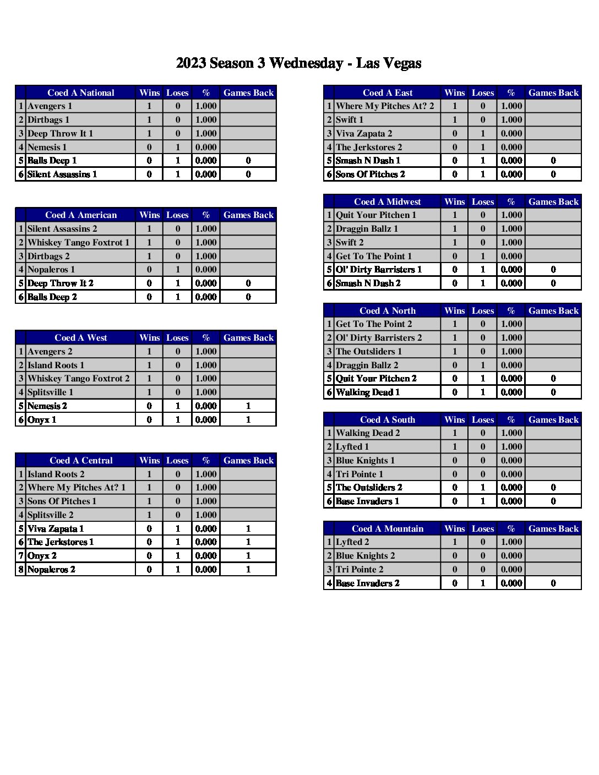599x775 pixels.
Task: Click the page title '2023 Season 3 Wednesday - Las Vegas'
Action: [x=298, y=63]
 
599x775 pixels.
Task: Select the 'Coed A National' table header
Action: [x=81, y=92]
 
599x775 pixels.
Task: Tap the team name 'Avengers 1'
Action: [x=50, y=106]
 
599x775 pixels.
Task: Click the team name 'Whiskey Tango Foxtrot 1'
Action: [x=79, y=242]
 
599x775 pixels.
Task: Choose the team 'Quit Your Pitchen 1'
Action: [x=376, y=215]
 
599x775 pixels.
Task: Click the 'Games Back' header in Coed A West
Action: [x=248, y=337]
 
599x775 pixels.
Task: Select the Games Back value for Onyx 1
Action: [x=248, y=419]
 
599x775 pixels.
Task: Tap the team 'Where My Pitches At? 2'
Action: [x=385, y=106]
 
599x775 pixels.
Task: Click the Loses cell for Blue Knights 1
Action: [x=483, y=460]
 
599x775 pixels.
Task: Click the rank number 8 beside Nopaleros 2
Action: [x=21, y=569]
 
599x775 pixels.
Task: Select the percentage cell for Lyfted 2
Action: [x=511, y=542]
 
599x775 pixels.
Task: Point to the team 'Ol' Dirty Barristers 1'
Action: [x=379, y=270]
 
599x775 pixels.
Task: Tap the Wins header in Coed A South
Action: [x=454, y=419]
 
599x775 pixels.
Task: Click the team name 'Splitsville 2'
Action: [x=51, y=515]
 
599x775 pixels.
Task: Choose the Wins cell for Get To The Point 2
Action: [x=454, y=324]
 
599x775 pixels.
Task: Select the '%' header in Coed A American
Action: [x=206, y=215]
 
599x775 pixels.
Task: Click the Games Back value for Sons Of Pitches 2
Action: [x=553, y=174]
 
